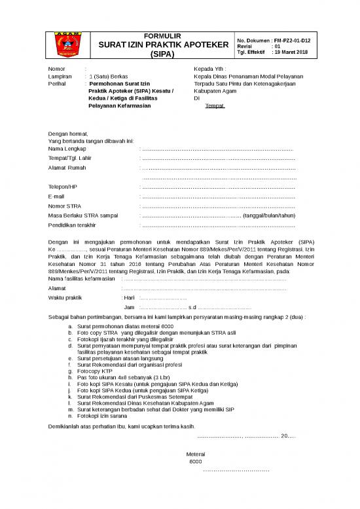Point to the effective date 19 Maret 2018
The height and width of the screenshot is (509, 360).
coord(292,53)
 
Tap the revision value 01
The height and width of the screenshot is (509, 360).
coord(277,47)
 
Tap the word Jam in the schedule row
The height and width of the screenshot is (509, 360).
coord(129,307)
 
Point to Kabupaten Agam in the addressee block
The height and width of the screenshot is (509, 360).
coord(211,91)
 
